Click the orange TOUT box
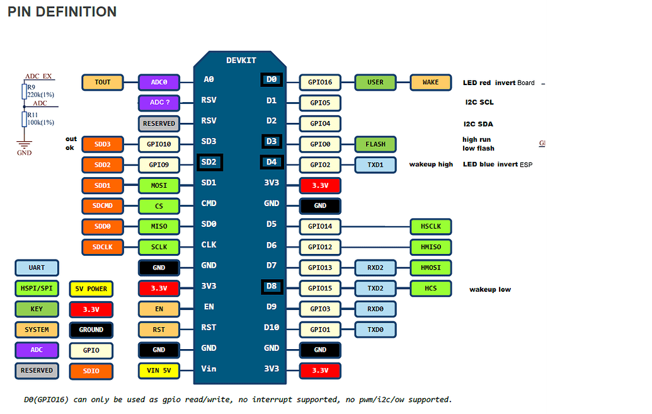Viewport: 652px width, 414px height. point(102,82)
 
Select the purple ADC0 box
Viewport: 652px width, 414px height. point(159,82)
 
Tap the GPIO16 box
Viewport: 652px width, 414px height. point(320,82)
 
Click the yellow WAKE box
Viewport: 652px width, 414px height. point(431,82)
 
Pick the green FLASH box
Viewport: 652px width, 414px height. point(375,144)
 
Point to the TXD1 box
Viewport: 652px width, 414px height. point(375,164)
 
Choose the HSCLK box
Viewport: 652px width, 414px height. point(431,226)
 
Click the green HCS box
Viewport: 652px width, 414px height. point(431,288)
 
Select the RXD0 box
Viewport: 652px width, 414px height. point(375,309)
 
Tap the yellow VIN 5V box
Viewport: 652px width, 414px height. point(159,371)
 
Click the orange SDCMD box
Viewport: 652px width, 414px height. point(102,206)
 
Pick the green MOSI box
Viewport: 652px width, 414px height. point(159,185)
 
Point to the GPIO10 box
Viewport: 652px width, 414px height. point(159,144)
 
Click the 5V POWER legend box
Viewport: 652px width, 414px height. point(91,289)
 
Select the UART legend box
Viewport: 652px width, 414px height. point(37,268)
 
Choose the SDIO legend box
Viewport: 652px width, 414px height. point(91,371)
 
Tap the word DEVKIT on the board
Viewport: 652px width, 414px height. point(241,60)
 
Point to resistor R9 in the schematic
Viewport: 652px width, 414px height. point(25,92)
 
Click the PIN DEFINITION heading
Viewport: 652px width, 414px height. point(62,12)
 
